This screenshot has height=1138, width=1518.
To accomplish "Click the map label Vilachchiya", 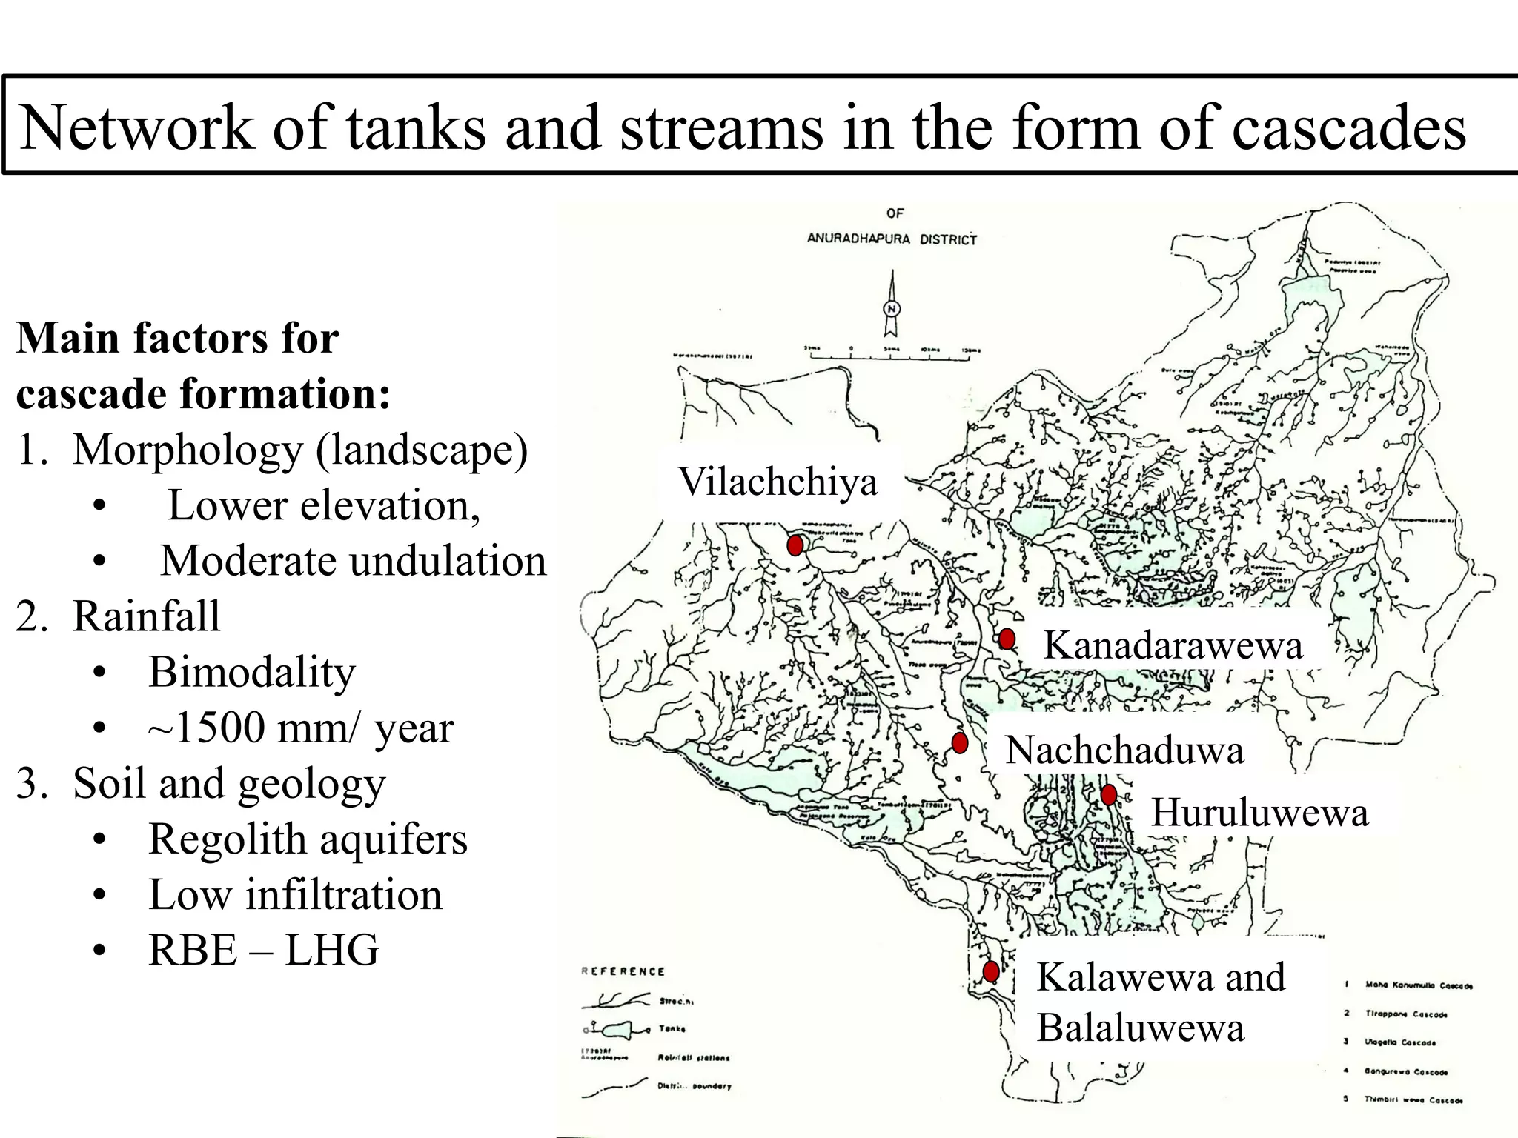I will click(x=778, y=482).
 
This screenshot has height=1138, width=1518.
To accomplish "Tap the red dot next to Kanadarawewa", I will click(x=1007, y=639).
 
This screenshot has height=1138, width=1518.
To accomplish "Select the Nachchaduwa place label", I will click(x=1124, y=750).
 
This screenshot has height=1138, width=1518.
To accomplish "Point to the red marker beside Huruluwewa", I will click(x=1109, y=795).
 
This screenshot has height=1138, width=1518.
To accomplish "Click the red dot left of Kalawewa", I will click(x=991, y=971).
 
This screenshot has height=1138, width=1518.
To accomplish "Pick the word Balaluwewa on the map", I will click(x=1140, y=1028).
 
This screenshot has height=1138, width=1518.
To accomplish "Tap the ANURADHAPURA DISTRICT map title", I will click(x=892, y=239).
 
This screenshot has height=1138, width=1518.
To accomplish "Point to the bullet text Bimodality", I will click(x=251, y=672).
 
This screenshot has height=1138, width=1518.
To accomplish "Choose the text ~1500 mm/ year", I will click(x=300, y=728).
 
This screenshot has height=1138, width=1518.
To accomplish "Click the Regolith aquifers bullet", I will click(x=308, y=839).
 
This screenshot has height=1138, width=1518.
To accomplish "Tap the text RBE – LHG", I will click(x=263, y=950).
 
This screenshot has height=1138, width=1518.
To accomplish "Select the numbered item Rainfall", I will click(x=146, y=616).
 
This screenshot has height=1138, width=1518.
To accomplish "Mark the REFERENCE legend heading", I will click(x=623, y=971).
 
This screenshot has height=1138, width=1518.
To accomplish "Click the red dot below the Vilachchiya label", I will click(x=795, y=546).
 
